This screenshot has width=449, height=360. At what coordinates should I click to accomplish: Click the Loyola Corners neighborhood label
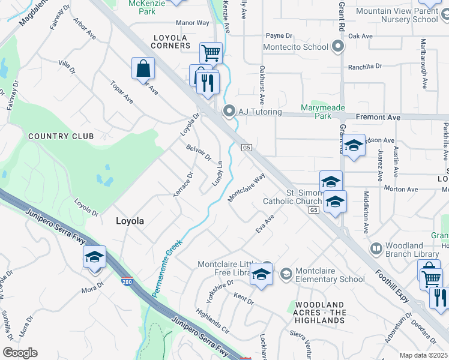point(170,41)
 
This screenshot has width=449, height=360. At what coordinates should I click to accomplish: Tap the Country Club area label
point(61,136)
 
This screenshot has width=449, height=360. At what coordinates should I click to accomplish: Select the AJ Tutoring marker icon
point(228,110)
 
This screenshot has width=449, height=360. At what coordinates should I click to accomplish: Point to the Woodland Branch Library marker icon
point(376,248)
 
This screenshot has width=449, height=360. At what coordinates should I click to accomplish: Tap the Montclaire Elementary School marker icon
point(286,274)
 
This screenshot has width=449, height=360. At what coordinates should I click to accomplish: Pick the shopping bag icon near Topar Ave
point(143,68)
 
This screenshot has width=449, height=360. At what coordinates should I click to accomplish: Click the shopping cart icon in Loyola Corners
point(211,53)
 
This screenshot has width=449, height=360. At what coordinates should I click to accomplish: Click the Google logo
point(20,353)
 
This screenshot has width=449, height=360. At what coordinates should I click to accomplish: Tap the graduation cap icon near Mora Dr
point(94,257)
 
